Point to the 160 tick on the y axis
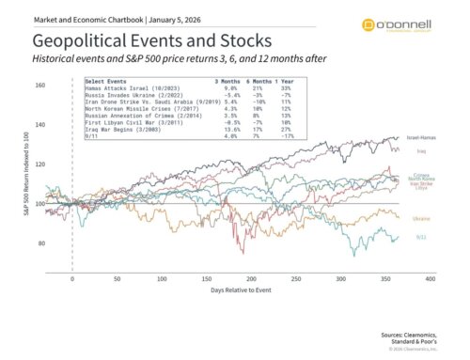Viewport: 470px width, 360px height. (39, 86)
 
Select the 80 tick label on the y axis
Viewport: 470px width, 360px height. (39, 243)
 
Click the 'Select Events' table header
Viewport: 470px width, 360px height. (107, 82)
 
